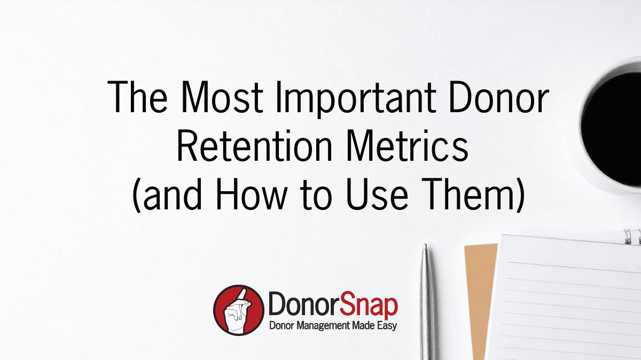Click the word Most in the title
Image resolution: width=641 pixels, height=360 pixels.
(x=222, y=97)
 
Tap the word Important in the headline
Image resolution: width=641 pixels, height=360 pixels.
(x=356, y=99)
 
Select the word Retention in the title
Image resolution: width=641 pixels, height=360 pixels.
(x=254, y=146)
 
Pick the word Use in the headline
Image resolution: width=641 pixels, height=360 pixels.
(x=377, y=194)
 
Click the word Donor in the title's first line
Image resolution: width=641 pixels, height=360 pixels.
(x=498, y=97)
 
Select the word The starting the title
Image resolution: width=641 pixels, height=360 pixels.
(x=138, y=97)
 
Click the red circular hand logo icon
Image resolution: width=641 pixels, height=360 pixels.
(x=239, y=310)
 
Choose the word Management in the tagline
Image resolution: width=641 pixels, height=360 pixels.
(x=323, y=326)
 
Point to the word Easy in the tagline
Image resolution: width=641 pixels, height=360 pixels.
(x=387, y=326)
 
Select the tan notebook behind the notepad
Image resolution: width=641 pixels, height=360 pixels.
(x=480, y=301)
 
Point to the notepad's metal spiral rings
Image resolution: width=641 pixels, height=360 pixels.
(x=632, y=237)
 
